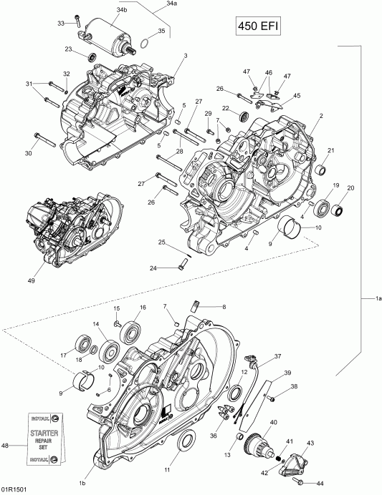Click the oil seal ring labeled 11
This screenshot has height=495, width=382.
pos(184,441)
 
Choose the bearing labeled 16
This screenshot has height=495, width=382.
pos(132,330)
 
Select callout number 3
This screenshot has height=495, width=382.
pos(185,55)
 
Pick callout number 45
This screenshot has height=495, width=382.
pos(297,95)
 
